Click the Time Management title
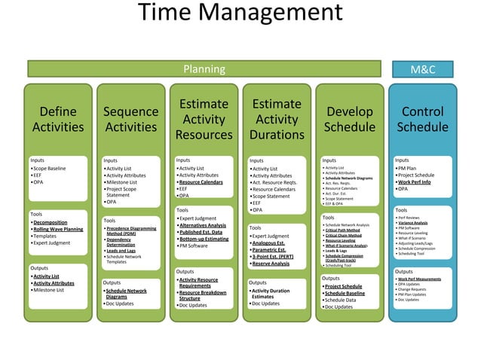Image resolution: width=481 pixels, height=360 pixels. (240, 14)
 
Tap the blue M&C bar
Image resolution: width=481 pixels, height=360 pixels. (422, 69)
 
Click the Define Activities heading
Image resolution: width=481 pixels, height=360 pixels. (58, 119)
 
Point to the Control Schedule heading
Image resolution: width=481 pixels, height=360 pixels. (422, 119)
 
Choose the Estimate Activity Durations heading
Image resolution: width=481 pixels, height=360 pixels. (276, 119)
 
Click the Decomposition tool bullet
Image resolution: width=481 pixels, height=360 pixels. (51, 223)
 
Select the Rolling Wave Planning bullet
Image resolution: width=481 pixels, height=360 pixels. (58, 230)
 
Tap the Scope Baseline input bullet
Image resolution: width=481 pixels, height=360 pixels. (50, 168)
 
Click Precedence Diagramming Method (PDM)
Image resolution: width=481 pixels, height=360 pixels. (131, 230)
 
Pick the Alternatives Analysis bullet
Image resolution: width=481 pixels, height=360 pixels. (203, 225)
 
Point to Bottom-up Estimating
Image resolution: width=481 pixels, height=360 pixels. (204, 239)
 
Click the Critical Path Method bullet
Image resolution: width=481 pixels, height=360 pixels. (348, 230)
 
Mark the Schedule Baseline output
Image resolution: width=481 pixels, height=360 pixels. (345, 293)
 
